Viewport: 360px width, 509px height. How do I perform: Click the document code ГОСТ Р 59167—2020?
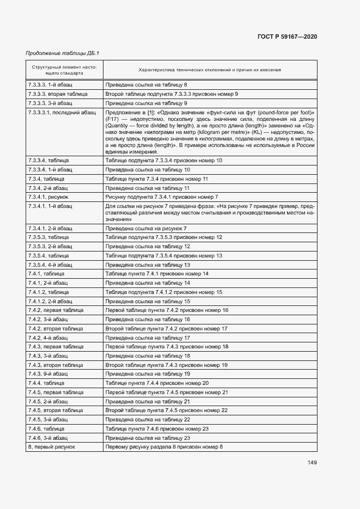click(x=286, y=36)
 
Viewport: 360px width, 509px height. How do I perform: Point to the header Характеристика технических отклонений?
click(x=210, y=70)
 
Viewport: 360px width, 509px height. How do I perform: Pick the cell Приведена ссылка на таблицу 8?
click(x=147, y=85)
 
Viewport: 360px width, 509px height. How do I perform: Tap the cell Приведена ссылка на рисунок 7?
click(x=146, y=228)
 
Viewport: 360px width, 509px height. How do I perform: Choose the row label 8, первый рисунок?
click(x=51, y=446)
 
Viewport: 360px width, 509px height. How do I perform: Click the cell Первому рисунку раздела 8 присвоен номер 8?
click(x=164, y=446)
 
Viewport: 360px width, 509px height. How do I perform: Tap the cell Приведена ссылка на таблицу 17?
click(x=148, y=338)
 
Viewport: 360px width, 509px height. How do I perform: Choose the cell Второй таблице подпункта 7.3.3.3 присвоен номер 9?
click(x=172, y=94)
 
